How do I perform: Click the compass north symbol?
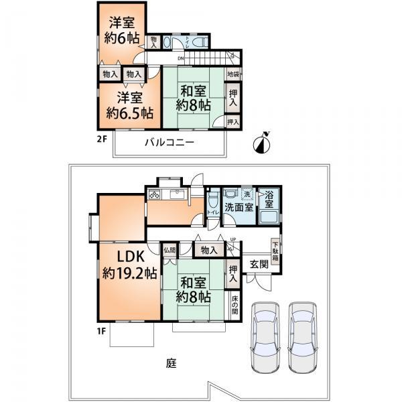click(x=264, y=141)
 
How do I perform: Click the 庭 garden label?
click(x=172, y=364)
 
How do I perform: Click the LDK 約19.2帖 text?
click(x=129, y=266)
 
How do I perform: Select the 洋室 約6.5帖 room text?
click(x=129, y=104)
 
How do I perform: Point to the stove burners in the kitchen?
click(x=155, y=196)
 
